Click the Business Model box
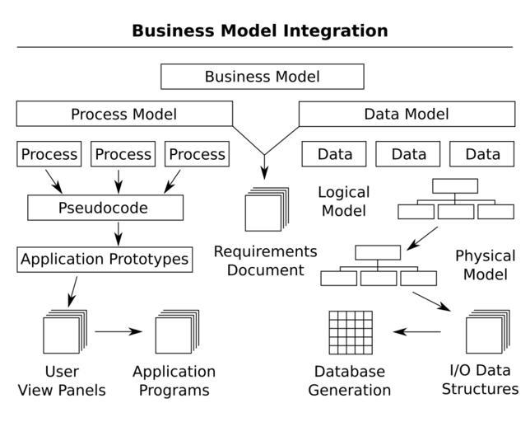click(x=262, y=77)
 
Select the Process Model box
click(x=123, y=114)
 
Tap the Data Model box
click(x=407, y=114)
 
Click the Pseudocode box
click(x=105, y=208)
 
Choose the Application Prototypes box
click(x=105, y=260)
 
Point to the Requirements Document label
click(x=265, y=260)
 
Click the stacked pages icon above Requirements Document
click(x=267, y=210)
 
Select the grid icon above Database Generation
click(x=351, y=333)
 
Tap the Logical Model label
click(x=343, y=201)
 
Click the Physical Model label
click(x=485, y=265)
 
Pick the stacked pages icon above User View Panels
click(x=64, y=332)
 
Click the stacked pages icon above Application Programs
click(x=176, y=332)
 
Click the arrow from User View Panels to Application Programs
click(x=119, y=332)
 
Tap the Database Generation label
click(x=349, y=381)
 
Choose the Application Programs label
click(x=174, y=381)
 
